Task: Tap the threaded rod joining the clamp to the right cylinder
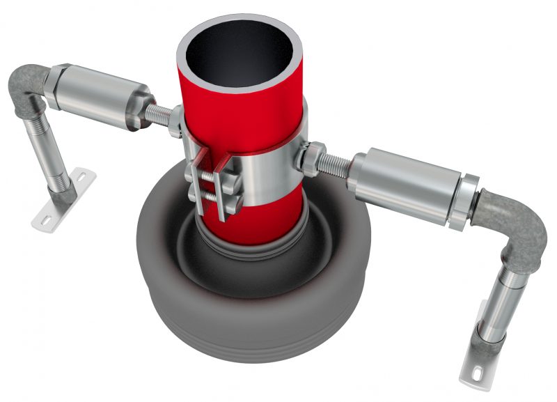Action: tap(337, 164)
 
